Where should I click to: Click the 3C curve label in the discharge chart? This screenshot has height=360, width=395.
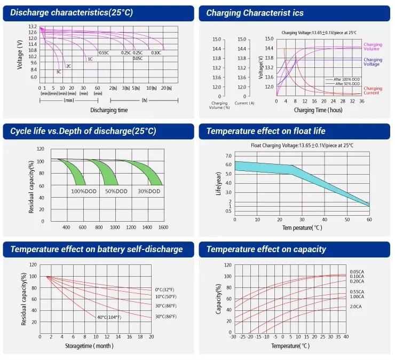pyautogui.click(x=59, y=72)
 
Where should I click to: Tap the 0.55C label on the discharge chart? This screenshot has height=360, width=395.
pyautogui.click(x=104, y=53)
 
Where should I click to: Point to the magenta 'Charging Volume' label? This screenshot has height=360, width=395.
pyautogui.click(x=373, y=46)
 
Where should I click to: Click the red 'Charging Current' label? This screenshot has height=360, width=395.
pyautogui.click(x=373, y=91)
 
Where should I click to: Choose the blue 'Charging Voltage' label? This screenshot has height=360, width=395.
pyautogui.click(x=373, y=62)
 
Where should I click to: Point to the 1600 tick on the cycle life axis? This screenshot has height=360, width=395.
pyautogui.click(x=163, y=228)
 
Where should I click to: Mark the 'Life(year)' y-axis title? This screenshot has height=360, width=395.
pyautogui.click(x=218, y=184)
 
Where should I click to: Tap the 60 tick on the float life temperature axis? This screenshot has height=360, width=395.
pyautogui.click(x=369, y=219)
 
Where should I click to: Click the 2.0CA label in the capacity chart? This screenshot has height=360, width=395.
pyautogui.click(x=356, y=307)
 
